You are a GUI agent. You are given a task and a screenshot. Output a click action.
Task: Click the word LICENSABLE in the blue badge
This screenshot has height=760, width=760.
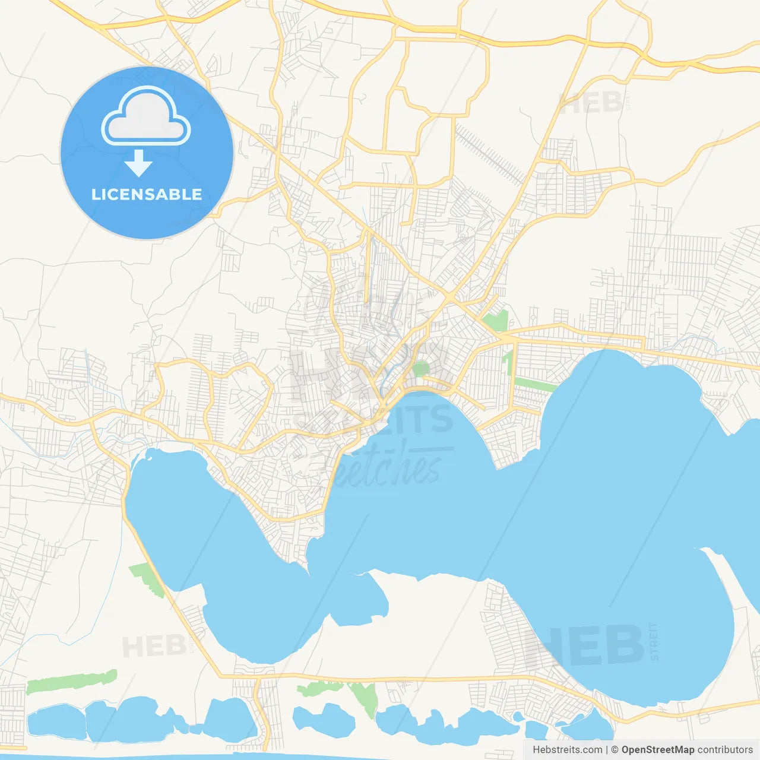point(147,195)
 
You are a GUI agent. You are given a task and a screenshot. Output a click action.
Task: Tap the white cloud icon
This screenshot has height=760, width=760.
point(146,117)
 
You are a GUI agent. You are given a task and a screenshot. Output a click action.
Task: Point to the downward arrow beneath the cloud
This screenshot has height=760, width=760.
point(139,163)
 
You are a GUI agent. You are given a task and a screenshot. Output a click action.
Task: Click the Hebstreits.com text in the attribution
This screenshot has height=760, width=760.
point(567,750)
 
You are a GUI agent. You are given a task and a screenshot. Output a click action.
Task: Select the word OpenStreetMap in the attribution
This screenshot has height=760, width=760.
point(657,750)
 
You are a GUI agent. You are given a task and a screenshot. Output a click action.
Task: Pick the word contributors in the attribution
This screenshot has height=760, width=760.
point(725,750)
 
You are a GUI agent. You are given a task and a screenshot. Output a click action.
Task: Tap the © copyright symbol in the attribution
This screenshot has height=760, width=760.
point(615,750)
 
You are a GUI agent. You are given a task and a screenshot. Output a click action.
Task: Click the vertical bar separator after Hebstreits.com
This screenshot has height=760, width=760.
point(606,750)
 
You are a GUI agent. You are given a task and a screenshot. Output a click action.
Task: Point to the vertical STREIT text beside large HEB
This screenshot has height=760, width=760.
point(654,641)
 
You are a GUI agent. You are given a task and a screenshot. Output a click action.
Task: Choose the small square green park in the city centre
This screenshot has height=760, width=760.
point(421,369)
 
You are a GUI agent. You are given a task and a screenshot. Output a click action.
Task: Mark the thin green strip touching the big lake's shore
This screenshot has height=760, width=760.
point(534,384)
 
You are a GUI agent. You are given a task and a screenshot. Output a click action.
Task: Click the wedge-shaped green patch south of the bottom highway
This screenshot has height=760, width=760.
point(363,698)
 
